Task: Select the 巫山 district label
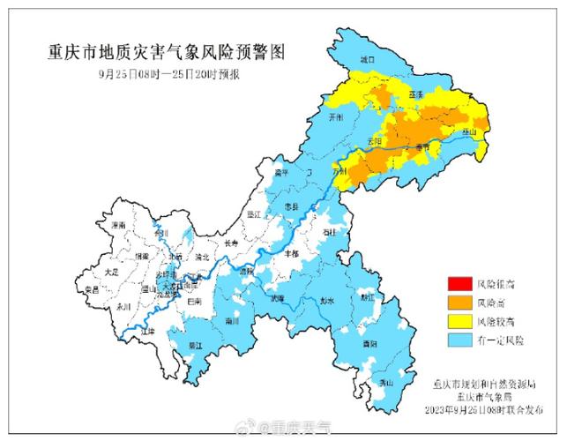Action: [x=470, y=132]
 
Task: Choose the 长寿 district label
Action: [x=231, y=243]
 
